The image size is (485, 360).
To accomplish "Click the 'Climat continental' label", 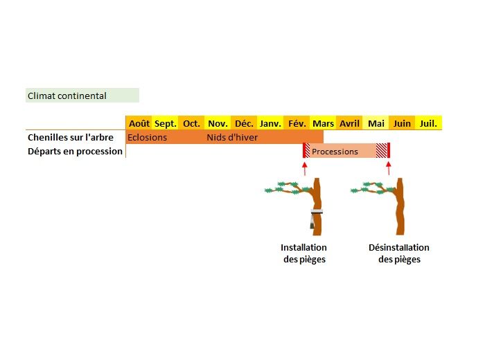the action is tap(67, 96).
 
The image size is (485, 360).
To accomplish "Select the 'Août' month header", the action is tap(139, 124).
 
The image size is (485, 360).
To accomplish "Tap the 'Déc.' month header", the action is tap(244, 124).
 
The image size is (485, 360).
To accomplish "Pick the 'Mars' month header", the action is tap(324, 124).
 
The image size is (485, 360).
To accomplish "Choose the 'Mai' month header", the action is tap(376, 124).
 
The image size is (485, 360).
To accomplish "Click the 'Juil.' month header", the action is tap(428, 124).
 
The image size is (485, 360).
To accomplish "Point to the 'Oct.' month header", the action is tap(191, 124).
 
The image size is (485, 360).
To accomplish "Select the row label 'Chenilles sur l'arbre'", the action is tap(71, 137).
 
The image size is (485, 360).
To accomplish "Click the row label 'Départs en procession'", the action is tap(75, 152).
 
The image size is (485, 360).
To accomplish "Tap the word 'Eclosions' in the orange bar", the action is tap(147, 137).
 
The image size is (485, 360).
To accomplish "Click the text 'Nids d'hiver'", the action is tap(232, 137).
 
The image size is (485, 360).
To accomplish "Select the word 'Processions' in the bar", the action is tap(335, 152).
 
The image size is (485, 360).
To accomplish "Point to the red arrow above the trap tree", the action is tap(305, 169).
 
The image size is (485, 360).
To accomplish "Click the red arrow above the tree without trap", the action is tap(389, 168).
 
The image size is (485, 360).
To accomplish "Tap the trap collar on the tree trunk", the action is tap(317, 212).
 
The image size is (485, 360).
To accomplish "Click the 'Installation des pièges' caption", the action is tap(304, 253).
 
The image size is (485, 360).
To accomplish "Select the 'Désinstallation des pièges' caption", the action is tap(399, 253).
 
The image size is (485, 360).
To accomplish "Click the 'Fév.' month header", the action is tap(297, 124).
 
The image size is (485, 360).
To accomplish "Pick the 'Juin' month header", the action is tap(402, 124).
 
